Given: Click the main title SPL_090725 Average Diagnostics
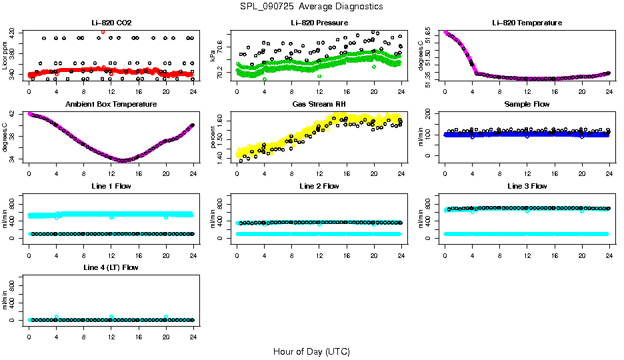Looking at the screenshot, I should [x=312, y=6].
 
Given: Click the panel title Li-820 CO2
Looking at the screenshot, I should [x=111, y=23].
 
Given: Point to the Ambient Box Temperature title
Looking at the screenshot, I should [x=111, y=104].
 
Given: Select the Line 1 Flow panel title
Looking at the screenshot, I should [x=111, y=186].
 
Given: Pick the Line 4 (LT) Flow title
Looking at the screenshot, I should [x=111, y=267].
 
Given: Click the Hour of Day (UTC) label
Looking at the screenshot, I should [x=311, y=351].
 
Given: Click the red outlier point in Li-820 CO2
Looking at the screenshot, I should [x=102, y=31].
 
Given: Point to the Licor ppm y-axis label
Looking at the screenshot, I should [x=5, y=55].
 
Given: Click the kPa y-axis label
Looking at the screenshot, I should [x=213, y=55].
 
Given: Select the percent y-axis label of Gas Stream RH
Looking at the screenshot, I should [x=213, y=137].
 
